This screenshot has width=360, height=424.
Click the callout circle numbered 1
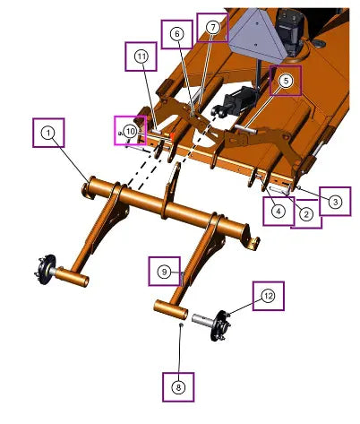coord(48,133)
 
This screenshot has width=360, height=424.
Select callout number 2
coord(306,214)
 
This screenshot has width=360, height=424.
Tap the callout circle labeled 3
coord(335,202)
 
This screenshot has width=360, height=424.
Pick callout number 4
coord(279,212)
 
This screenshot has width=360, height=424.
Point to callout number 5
coord(286,81)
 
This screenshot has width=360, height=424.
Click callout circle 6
coord(177,34)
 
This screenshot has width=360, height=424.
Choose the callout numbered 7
coord(213,28)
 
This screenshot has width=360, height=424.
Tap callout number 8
coord(178,387)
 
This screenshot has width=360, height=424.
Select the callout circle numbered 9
coord(164,272)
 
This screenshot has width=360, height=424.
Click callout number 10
coord(130,131)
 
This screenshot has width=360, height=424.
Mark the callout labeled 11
coord(141,56)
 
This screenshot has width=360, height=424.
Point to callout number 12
coord(269,296)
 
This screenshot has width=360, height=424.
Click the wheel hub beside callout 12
coord(220,325)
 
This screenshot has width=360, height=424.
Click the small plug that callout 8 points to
coord(181,324)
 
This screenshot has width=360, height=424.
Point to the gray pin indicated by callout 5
coord(245,129)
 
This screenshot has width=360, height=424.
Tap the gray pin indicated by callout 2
coord(279,190)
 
